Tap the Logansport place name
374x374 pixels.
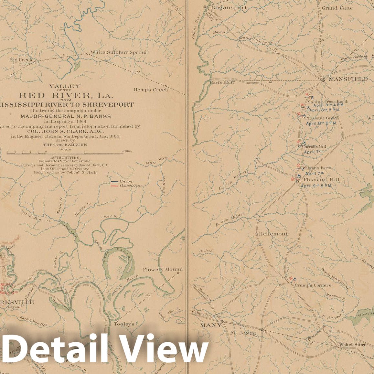229,7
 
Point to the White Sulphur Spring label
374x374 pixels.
118,52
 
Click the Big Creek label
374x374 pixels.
21,60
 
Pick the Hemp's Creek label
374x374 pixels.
151,90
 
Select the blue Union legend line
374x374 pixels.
114,182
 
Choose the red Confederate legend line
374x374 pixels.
114,186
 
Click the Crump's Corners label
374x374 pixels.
313,285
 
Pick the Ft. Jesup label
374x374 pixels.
243,333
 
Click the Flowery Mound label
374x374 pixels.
163,269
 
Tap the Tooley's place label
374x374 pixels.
124,324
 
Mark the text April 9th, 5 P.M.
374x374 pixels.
316,186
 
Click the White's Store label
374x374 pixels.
353,345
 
